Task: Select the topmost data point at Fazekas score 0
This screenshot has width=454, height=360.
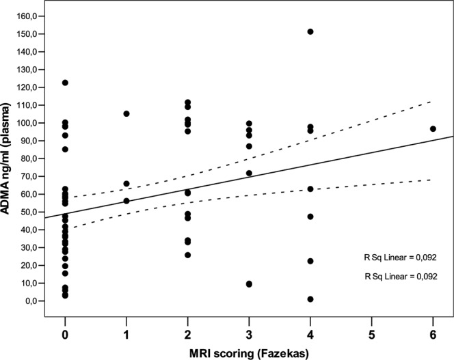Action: tap(65, 83)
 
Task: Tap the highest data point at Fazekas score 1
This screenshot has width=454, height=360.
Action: tap(126, 114)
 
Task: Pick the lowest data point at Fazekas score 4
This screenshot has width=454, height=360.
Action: tap(310, 299)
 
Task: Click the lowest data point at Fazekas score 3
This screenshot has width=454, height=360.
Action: tap(249, 284)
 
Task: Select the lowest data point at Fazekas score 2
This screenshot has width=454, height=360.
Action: tap(187, 255)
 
